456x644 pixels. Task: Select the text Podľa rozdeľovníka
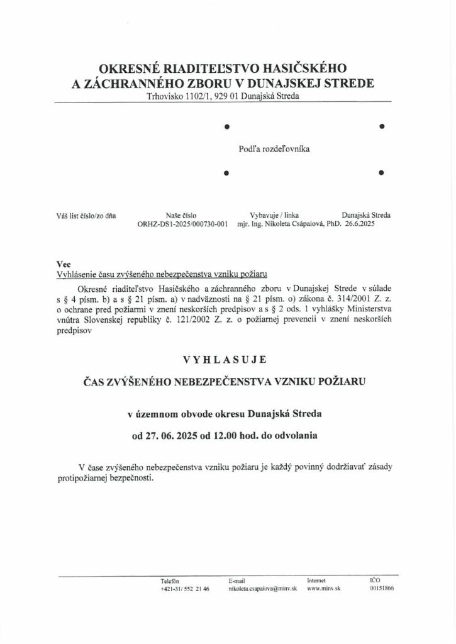click(x=274, y=149)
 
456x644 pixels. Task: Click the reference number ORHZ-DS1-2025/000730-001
click(x=182, y=223)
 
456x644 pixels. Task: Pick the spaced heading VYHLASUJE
click(x=225, y=360)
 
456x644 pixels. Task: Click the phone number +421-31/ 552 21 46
click(x=185, y=589)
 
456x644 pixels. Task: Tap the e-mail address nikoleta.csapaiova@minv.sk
click(x=263, y=589)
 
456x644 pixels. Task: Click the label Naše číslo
click(x=181, y=215)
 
